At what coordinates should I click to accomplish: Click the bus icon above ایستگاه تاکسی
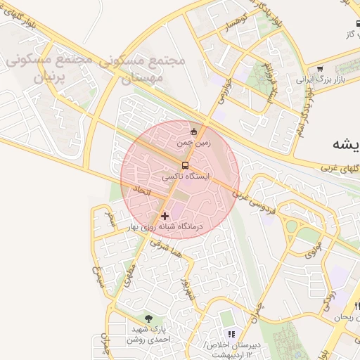pyautogui.click(x=185, y=165)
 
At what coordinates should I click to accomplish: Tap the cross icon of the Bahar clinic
pyautogui.click(x=165, y=216)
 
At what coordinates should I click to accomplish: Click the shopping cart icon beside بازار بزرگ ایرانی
pyautogui.click(x=320, y=69)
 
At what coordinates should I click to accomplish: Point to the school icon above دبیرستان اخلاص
pyautogui.click(x=231, y=333)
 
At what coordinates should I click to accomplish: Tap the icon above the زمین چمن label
pyautogui.click(x=194, y=131)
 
